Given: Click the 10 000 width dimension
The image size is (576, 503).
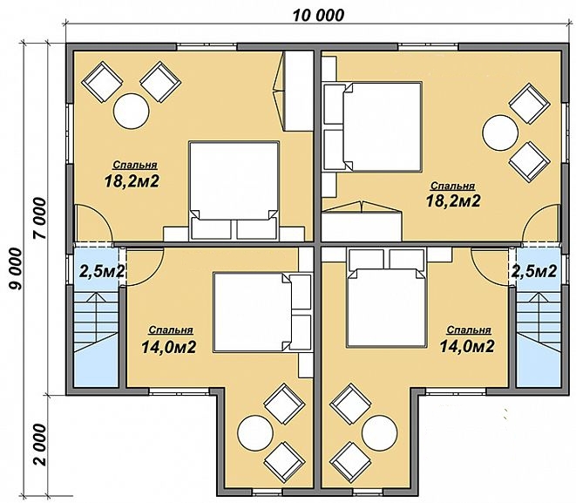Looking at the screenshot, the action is (x=318, y=16).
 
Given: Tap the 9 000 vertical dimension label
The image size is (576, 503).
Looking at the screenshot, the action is (x=16, y=268).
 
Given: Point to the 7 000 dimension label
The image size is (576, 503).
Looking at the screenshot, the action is (x=40, y=218).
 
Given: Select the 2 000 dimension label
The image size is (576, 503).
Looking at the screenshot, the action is (x=40, y=445).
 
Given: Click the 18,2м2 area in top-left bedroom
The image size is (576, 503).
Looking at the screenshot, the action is (x=132, y=181).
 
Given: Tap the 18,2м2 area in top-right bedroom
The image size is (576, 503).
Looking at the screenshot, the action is (x=453, y=201).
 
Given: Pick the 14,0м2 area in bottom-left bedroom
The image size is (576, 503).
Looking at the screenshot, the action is (x=168, y=347).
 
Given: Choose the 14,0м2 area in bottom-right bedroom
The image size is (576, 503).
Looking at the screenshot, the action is (x=467, y=346).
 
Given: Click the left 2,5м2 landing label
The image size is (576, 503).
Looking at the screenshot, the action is (x=101, y=271).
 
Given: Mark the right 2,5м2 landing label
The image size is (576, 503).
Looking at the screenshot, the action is (x=534, y=271).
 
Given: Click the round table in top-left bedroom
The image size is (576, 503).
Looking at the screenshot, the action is (x=131, y=111).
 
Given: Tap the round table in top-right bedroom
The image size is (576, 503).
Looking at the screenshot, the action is (x=500, y=133).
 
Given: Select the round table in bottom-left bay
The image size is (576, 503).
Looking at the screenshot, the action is (x=255, y=433).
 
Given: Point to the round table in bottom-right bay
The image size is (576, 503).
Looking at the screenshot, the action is (x=379, y=433).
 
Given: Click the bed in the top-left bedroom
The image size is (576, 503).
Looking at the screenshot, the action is (x=234, y=191).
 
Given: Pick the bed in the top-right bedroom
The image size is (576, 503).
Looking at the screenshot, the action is (x=372, y=127).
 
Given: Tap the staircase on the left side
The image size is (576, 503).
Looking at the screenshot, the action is (x=96, y=339).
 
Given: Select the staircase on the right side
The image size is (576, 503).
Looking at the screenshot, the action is (x=539, y=339).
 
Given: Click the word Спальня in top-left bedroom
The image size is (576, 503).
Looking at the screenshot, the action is (x=135, y=165).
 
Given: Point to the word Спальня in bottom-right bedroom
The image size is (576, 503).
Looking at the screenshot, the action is (x=469, y=330).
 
